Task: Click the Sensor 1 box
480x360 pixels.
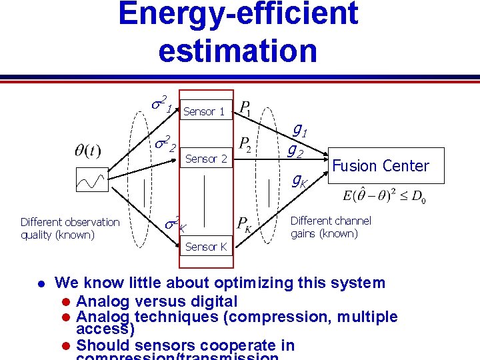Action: tap(204, 111)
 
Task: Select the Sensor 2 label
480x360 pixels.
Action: tap(206, 159)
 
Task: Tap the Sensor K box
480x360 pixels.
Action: tap(206, 247)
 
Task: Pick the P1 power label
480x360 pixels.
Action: tap(244, 109)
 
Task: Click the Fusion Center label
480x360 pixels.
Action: tap(381, 166)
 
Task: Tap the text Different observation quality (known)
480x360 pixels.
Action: tap(70, 228)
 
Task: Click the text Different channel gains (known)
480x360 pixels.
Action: tap(331, 227)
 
